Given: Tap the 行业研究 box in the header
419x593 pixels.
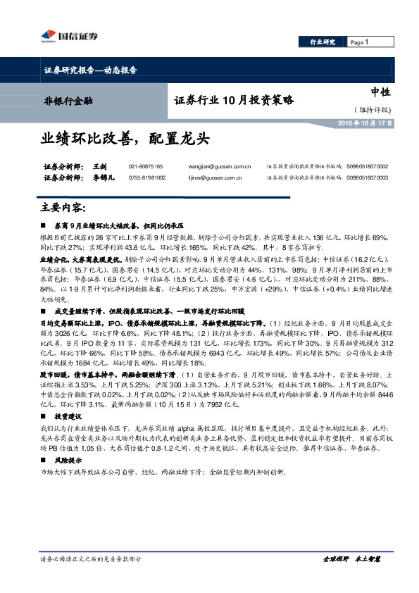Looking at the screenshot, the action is click(x=323, y=42).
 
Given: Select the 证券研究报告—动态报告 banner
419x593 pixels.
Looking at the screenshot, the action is click(x=86, y=70).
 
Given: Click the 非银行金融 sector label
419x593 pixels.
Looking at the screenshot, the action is click(x=63, y=101).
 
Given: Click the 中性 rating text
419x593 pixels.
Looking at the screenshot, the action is click(x=380, y=92).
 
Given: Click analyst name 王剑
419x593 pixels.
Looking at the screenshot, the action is click(x=99, y=166).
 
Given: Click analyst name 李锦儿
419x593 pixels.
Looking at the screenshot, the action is click(x=103, y=178).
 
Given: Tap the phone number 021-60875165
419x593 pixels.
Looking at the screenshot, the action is click(x=146, y=166).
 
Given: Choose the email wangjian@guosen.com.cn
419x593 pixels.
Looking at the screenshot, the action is click(x=220, y=166).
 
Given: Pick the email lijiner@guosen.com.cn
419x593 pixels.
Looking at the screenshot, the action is click(x=216, y=178).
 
